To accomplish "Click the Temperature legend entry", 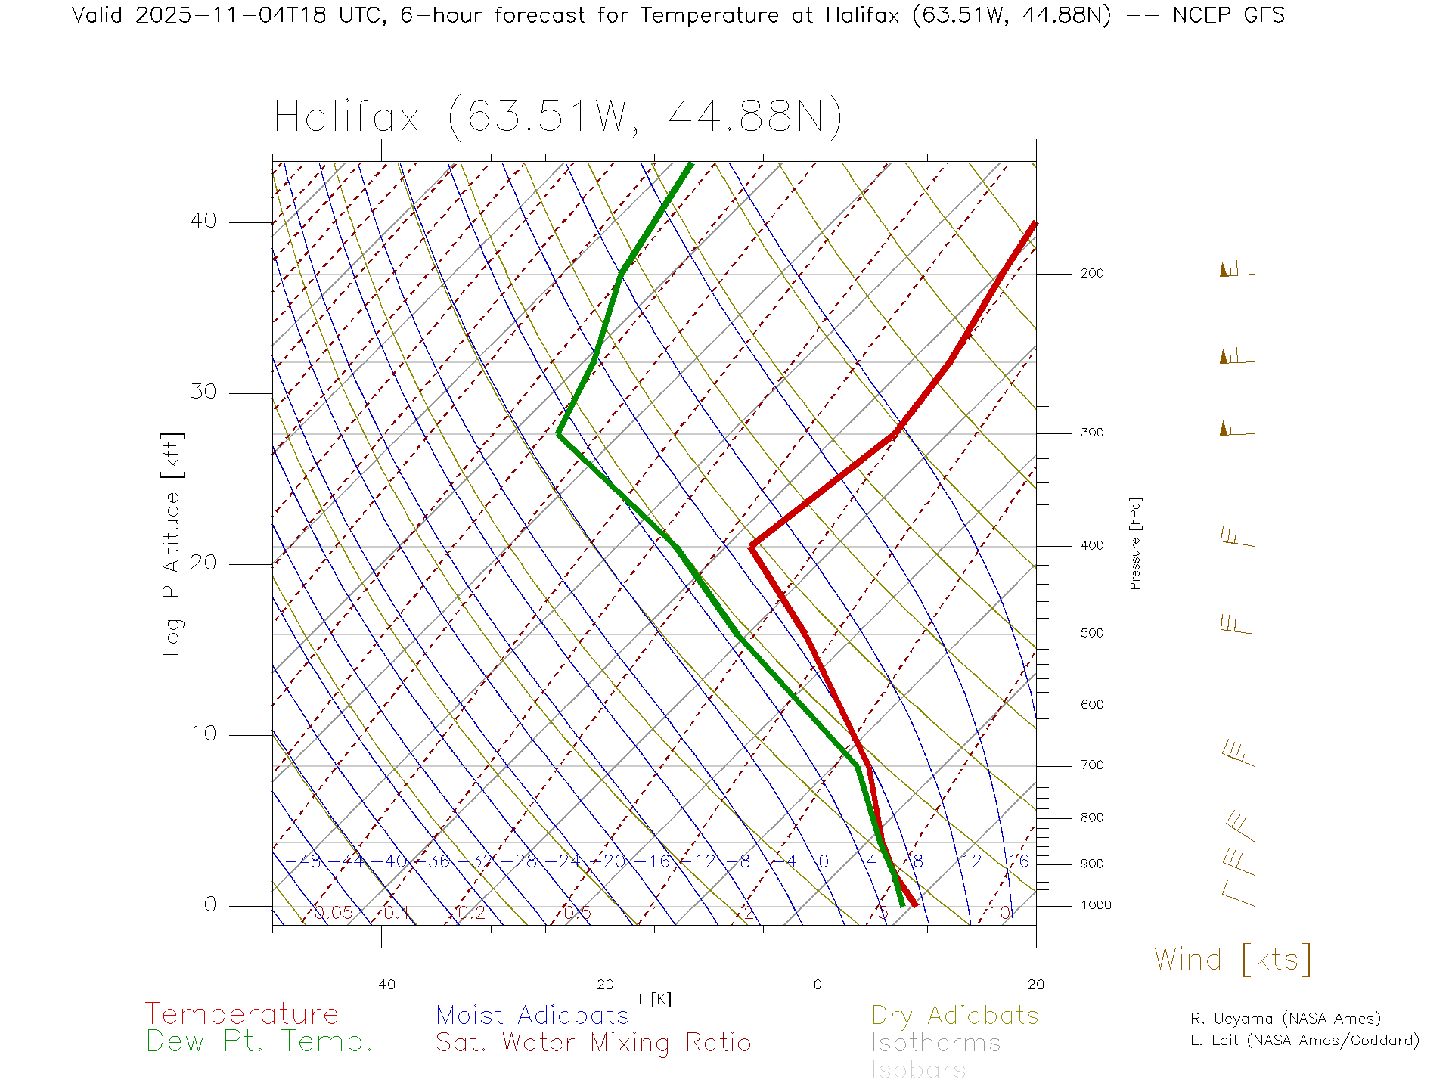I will tap(242, 1013).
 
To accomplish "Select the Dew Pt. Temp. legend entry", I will tap(259, 1042).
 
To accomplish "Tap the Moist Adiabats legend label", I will tap(532, 1015).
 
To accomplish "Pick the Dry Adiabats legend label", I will tap(955, 1015).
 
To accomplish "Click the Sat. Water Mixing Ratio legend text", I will tap(594, 1043).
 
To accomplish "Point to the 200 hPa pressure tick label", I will tap(1092, 274).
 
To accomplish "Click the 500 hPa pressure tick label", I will tap(1092, 634).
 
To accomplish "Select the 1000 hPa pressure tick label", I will tap(1096, 905).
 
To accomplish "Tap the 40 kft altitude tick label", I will tap(203, 221).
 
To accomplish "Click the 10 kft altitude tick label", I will tap(203, 734).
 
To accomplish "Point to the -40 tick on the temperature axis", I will tap(381, 985).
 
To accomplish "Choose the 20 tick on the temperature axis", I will tap(1035, 985).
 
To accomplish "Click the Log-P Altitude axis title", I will tap(172, 544).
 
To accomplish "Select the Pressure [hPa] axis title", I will tap(1135, 543).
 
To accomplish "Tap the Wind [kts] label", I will tap(1233, 959).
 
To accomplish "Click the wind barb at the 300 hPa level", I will tap(1236, 430).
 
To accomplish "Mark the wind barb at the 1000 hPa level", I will tap(1238, 894).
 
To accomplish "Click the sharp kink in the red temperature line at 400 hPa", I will tap(751, 545).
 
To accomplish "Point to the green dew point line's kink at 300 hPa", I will tap(558, 434).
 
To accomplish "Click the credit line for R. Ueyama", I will tap(1286, 1019).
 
